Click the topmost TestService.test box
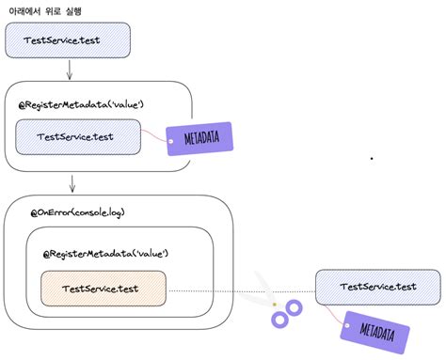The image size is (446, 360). pyautogui.click(x=67, y=39)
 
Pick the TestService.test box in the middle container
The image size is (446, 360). pyautogui.click(x=76, y=137)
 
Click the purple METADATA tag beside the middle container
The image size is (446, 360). pyautogui.click(x=199, y=139)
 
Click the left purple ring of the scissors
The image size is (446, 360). pyautogui.click(x=279, y=320)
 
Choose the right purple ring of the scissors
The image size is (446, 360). pyautogui.click(x=295, y=307)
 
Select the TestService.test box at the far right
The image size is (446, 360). pyautogui.click(x=377, y=287)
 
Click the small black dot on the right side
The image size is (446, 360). pyautogui.click(x=372, y=159)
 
